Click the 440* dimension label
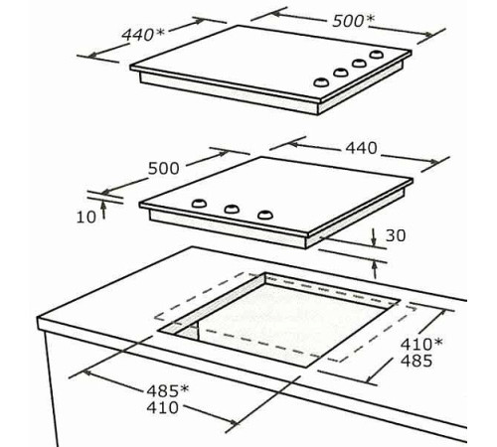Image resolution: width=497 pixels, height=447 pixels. point(143,35)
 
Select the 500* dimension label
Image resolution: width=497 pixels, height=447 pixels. point(353,21)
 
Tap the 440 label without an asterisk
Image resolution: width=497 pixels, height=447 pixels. point(361,148)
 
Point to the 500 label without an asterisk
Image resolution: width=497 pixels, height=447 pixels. point(163,168)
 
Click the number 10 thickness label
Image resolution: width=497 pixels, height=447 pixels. point(86,218)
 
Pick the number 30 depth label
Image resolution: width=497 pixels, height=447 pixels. point(396,235)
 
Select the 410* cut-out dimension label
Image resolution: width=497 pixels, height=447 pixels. point(421,344)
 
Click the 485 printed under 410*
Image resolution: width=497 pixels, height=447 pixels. point(416,361)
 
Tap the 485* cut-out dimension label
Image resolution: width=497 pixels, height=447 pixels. point(168,391)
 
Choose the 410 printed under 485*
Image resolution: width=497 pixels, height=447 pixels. point(163,407)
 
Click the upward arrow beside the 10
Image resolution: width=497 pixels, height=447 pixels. point(103,210)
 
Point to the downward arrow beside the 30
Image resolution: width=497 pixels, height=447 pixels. point(374,237)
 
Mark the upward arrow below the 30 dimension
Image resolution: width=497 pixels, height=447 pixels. point(375,269)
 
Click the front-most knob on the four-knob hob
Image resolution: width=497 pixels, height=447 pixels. point(321,81)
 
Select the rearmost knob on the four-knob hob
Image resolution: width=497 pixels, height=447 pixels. point(377,55)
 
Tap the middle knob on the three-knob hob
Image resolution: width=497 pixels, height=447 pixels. point(232,209)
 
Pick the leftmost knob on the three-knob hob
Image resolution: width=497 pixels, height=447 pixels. point(199,203)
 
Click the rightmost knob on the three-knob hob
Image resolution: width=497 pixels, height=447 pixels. point(265,215)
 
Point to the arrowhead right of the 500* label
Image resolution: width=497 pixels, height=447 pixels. point(428,34)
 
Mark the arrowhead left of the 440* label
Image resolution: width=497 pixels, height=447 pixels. point(93,55)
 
